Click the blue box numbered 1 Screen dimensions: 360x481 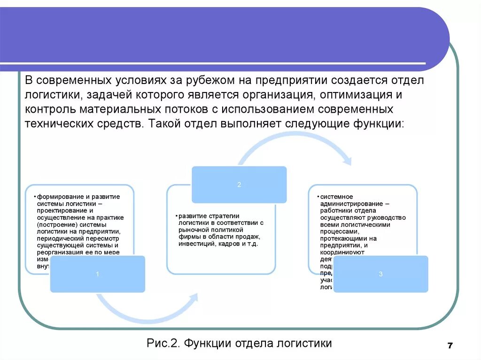[x=98, y=274]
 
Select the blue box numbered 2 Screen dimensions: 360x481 [x=239, y=184]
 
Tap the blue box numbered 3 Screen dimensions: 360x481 [x=380, y=274]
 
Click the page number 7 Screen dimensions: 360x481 [x=450, y=346]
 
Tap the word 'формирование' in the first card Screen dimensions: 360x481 [x=61, y=196]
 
